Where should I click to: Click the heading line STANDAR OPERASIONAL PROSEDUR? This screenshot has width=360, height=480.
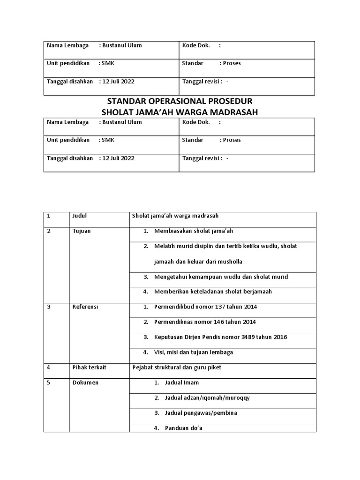click(180, 101)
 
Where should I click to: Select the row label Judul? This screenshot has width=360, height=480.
click(80, 216)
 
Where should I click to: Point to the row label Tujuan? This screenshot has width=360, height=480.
click(82, 231)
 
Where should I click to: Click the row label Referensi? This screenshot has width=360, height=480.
click(85, 307)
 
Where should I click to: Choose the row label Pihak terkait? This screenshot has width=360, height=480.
click(89, 367)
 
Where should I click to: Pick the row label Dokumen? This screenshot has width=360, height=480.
click(85, 382)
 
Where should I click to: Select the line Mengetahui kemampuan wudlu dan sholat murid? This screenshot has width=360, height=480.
click(221, 277)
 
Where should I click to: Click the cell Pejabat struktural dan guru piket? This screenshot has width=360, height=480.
click(177, 367)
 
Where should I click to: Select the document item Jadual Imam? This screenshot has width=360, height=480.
click(181, 382)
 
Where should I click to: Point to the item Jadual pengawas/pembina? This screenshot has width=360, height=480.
click(201, 413)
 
